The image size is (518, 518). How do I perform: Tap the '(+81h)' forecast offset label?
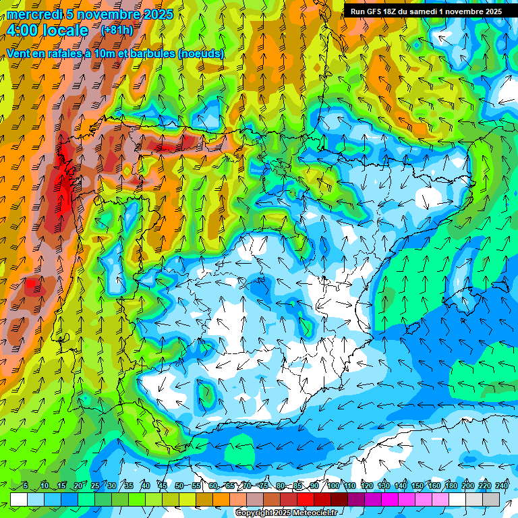click(116, 30)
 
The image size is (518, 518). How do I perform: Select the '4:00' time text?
click(22, 30)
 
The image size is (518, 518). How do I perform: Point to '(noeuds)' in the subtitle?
click(201, 53)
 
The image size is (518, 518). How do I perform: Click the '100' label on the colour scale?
click(333, 486)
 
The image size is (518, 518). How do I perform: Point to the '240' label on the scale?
click(501, 486)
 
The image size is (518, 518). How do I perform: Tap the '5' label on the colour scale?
click(25, 486)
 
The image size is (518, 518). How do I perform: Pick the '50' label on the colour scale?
click(179, 486)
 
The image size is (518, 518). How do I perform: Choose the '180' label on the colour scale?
click(451, 486)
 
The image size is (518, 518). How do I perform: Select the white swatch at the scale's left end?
click(18, 499)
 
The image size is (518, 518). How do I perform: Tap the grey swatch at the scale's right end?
click(491, 499)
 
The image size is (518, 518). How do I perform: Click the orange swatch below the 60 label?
click(221, 499)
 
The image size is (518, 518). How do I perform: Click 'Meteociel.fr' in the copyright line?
click(314, 513)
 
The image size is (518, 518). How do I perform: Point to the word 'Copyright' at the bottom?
click(254, 513)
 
